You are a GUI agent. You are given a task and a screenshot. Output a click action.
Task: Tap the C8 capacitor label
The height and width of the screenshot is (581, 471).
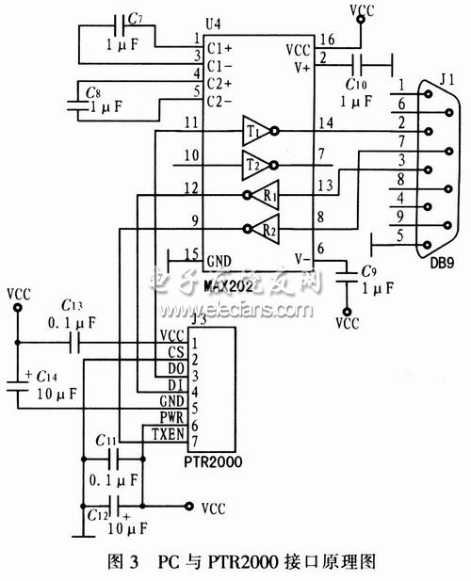pos(93,92)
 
